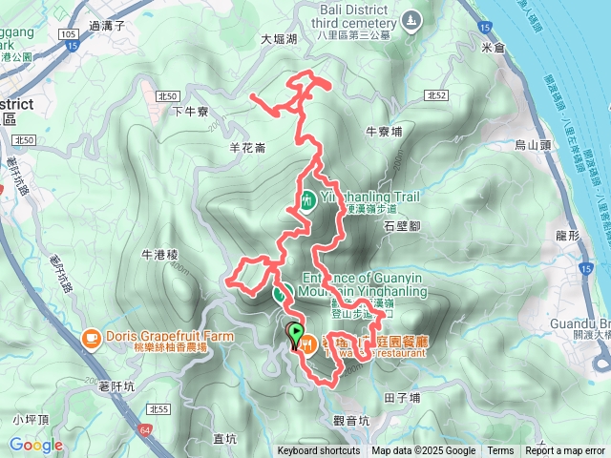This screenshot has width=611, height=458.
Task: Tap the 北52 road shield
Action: [x=436, y=95]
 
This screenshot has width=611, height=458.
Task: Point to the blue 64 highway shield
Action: [x=143, y=432]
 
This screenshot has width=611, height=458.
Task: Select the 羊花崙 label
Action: [x=247, y=147]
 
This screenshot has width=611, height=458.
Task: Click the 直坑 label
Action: [x=224, y=439]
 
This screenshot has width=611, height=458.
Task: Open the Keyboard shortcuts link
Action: [x=319, y=451]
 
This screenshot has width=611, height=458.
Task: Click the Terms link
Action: [x=500, y=451]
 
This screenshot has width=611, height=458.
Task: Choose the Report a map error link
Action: [x=565, y=451]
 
